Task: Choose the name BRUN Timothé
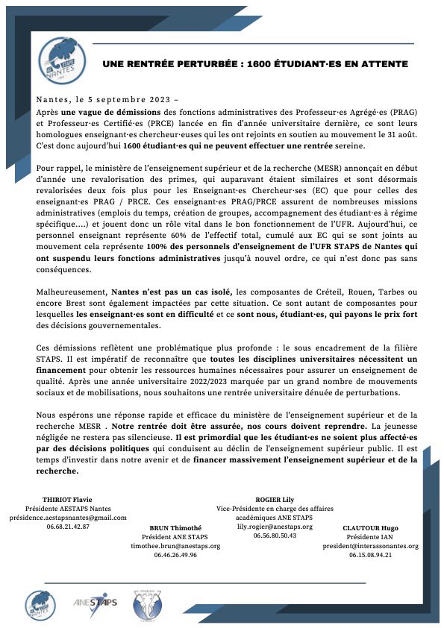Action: [x=172, y=526]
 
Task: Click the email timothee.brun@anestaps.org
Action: [x=172, y=545]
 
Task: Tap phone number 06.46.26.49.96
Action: [x=172, y=555]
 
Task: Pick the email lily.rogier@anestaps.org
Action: [x=275, y=526]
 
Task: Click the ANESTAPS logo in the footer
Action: [x=96, y=602]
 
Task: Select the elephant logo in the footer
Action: [x=147, y=601]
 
